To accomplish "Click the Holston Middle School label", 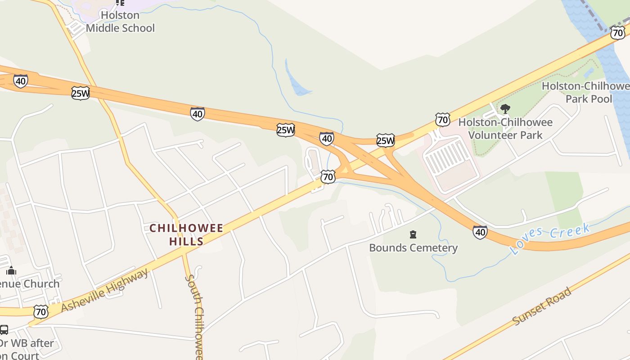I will point(120,22).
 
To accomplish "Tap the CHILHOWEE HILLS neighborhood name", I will point(186,234).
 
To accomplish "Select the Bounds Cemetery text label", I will point(413,248).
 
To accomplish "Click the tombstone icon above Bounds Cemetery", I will point(413,234).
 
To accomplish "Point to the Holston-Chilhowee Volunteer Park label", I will point(505,128).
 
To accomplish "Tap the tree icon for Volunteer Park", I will point(505,108).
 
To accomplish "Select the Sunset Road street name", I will point(542,306).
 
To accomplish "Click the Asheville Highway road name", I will point(104,290).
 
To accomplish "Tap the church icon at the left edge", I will point(11,270).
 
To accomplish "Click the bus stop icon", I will point(4,330).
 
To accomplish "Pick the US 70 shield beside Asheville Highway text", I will point(41,311).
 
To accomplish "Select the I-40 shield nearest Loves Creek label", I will point(480,232).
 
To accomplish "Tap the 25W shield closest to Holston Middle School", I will point(80,93).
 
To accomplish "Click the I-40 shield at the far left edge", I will point(20,81).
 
